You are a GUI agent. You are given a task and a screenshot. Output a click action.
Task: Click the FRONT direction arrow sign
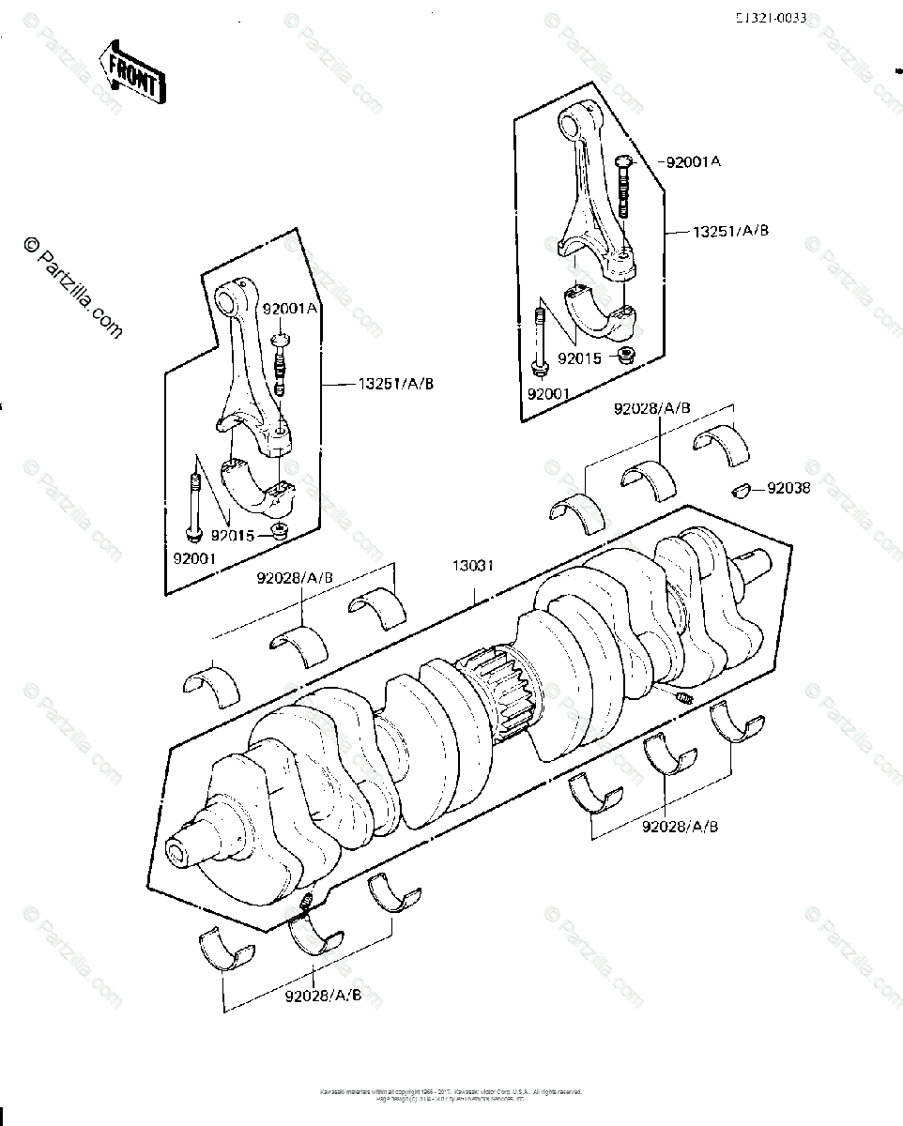[x=133, y=70]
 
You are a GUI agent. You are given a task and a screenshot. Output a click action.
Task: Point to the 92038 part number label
[x=788, y=488]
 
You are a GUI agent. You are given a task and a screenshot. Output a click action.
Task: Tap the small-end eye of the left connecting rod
[x=229, y=300]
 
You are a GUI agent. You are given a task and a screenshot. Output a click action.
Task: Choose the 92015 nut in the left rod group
[x=278, y=533]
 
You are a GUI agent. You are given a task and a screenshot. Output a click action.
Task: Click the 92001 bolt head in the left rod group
[x=193, y=534]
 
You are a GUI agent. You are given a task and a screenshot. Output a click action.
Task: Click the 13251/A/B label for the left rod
[x=396, y=383]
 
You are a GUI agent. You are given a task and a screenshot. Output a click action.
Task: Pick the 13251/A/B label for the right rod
[x=731, y=230]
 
